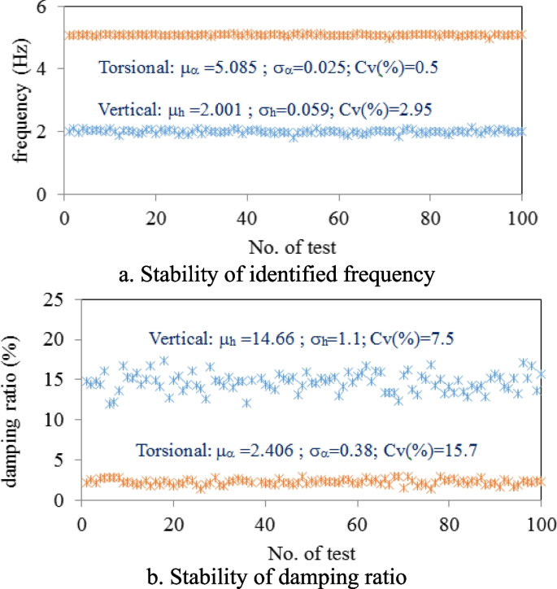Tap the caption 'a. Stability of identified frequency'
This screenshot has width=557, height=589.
pyautogui.click(x=276, y=274)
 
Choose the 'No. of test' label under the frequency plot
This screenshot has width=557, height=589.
pyautogui.click(x=292, y=245)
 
